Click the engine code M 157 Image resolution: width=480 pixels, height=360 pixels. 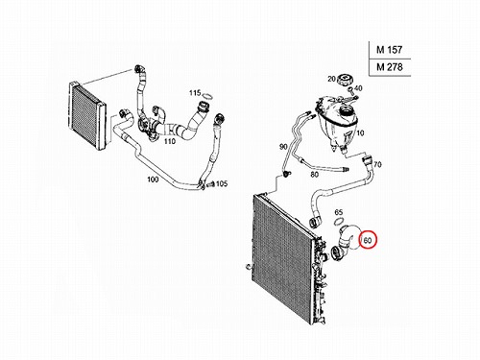click(x=389, y=50)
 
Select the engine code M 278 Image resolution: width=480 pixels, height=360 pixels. click(x=390, y=67)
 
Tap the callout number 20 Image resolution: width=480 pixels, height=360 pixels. click(x=331, y=79)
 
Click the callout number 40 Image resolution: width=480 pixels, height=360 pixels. click(x=358, y=88)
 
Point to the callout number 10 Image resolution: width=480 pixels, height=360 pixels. click(x=360, y=132)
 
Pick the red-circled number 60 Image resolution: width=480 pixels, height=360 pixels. click(x=368, y=240)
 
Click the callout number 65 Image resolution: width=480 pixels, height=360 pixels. click(x=339, y=212)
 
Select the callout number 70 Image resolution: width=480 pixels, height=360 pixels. click(x=377, y=164)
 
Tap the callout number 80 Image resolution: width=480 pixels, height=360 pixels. click(x=315, y=175)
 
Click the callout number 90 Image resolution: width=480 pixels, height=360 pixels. click(x=283, y=147)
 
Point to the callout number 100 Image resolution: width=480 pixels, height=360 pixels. click(x=153, y=180)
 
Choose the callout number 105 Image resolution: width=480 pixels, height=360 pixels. click(x=222, y=183)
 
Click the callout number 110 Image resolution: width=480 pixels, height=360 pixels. click(x=170, y=141)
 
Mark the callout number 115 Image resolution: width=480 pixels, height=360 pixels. click(x=195, y=93)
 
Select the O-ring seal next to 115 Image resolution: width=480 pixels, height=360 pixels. click(x=207, y=96)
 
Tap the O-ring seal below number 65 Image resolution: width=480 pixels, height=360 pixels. click(x=339, y=221)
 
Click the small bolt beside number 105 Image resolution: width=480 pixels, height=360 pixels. click(x=211, y=185)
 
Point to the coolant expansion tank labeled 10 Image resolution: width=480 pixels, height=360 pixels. click(x=336, y=122)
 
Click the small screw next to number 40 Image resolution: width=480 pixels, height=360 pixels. click(x=350, y=90)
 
